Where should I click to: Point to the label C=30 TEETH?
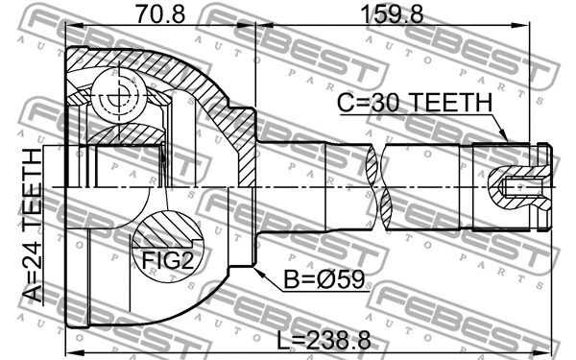[x=414, y=103]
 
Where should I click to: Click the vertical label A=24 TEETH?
[x=34, y=225]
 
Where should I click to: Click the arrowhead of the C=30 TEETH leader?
[x=508, y=142]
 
